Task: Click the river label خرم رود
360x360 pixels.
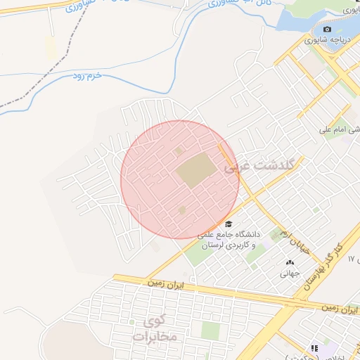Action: [x=88, y=75]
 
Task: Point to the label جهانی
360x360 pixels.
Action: [x=290, y=274]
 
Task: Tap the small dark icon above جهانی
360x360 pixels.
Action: [x=290, y=262]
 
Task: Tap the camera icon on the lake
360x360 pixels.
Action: [x=327, y=29]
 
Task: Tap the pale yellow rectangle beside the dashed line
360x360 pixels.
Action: [x=50, y=48]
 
